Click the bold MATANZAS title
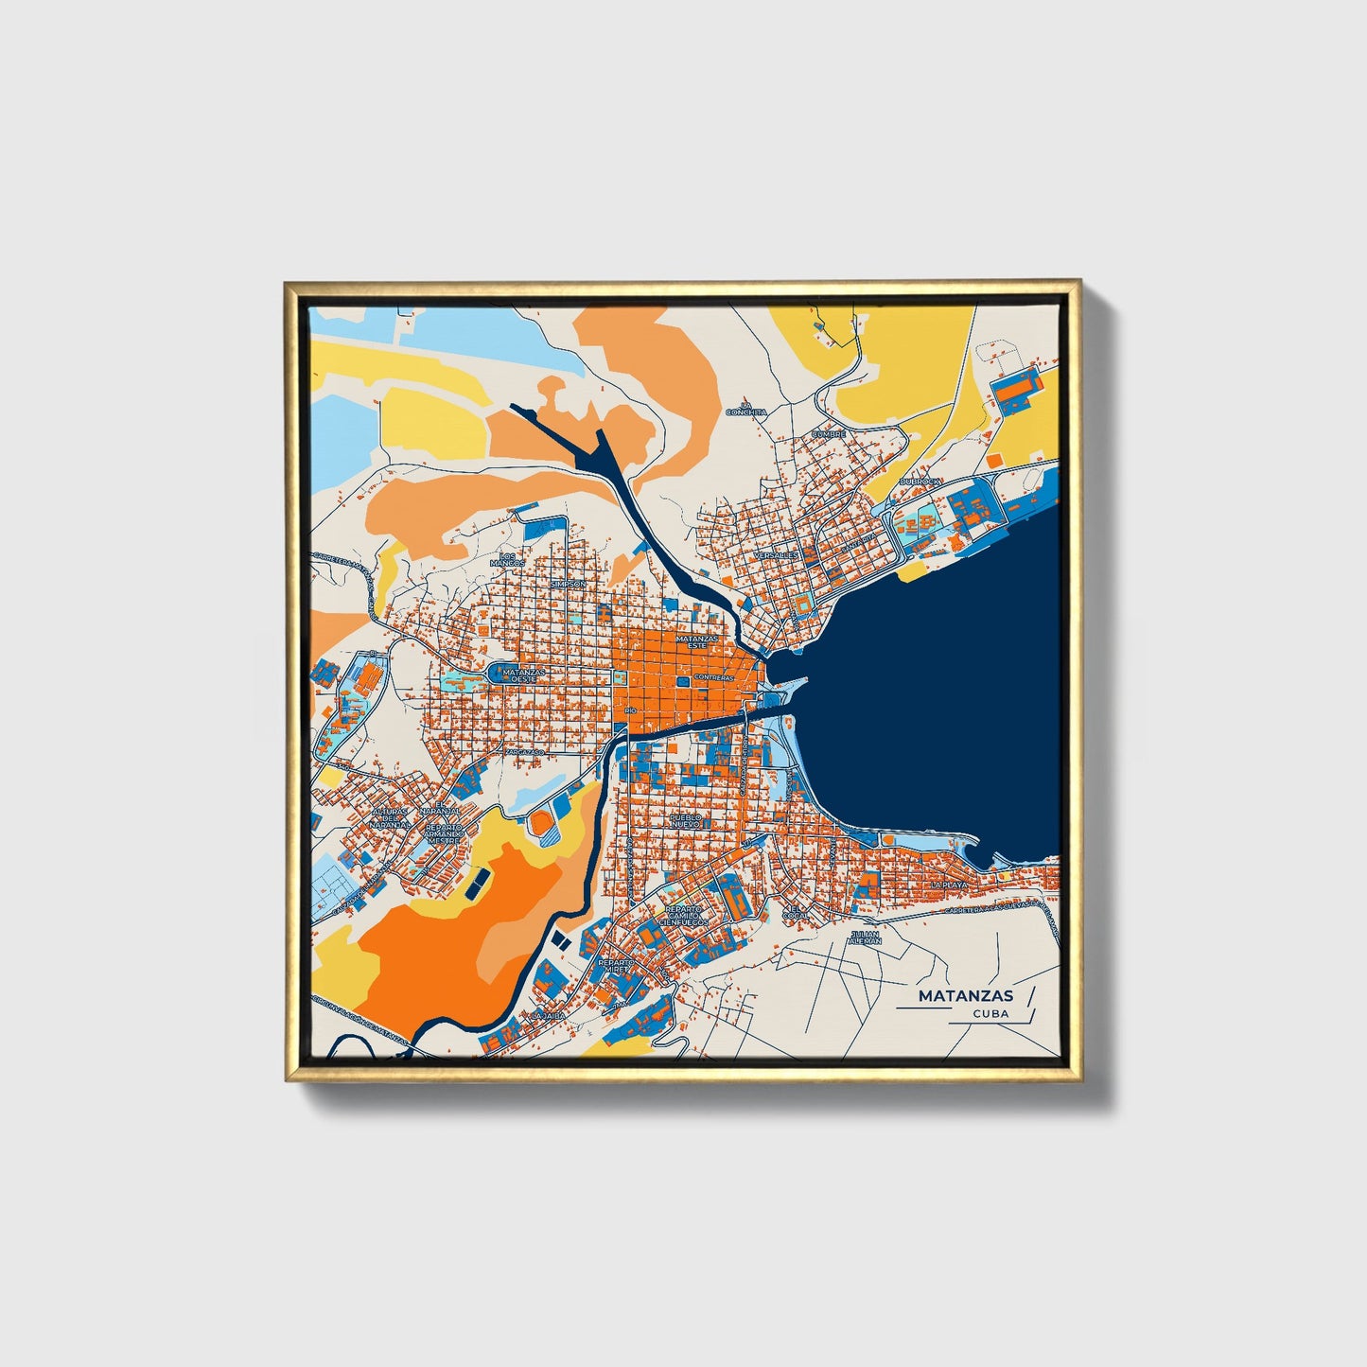coord(965,995)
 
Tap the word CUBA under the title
coord(990,1013)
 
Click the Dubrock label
coord(920,482)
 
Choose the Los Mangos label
coord(507,559)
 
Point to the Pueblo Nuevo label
coord(685,819)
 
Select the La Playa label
coord(949,885)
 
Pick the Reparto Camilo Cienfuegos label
coord(686,915)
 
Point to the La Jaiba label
coord(548,1015)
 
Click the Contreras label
coord(713,678)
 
